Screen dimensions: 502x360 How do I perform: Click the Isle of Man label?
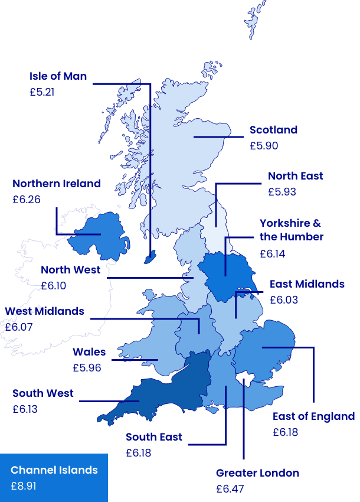point(58,76)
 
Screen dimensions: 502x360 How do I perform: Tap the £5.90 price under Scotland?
point(263,146)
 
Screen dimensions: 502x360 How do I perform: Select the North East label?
point(295,176)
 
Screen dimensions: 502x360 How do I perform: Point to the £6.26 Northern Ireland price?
point(27,200)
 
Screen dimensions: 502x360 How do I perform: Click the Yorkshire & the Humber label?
point(292,230)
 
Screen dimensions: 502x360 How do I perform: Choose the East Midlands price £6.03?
point(284,300)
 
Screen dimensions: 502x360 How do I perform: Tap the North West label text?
point(71,270)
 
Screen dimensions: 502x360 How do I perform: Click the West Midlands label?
point(45,311)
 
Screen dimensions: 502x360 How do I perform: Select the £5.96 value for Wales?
point(87,368)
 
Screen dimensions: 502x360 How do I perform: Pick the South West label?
point(43,393)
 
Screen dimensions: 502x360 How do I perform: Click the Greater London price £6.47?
point(230,489)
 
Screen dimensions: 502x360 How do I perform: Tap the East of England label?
point(313,416)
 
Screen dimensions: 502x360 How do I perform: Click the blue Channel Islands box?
point(54,478)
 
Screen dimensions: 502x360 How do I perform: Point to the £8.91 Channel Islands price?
point(24,486)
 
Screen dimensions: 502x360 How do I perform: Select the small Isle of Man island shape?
point(151,257)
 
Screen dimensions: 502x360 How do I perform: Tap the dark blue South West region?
point(171,390)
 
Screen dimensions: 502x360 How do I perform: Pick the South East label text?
point(154,437)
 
